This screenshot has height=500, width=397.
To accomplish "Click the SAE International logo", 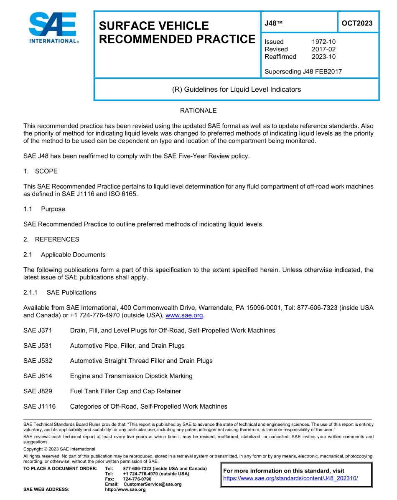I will [53, 28].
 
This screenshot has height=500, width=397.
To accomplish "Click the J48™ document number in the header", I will [274, 23].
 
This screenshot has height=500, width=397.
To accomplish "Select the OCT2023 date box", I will [357, 23].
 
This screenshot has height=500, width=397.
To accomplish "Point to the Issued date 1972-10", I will [323, 42].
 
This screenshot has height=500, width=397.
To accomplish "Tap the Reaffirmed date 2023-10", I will [323, 57].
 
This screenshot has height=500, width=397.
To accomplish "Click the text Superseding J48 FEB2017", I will [303, 71].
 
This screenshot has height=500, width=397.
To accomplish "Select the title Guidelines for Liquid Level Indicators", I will [236, 89].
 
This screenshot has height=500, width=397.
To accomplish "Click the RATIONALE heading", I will [198, 111].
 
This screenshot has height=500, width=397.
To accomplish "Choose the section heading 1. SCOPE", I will [41, 171].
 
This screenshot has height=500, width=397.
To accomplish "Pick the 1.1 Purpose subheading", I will [44, 209].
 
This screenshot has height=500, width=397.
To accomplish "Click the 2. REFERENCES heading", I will [51, 239].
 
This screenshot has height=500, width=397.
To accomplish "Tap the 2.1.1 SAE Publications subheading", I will [60, 292].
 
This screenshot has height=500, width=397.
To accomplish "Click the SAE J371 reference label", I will [36, 330].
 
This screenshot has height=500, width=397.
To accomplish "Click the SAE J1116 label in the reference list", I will [39, 406].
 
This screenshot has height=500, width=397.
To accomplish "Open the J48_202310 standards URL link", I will [290, 478].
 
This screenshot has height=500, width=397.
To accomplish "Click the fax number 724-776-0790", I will [137, 479].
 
